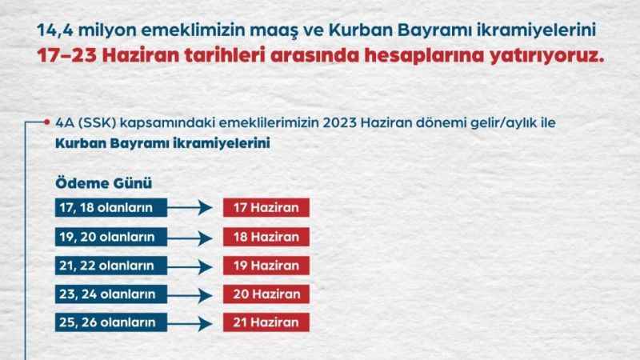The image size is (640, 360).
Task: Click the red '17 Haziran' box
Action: tap(266, 209)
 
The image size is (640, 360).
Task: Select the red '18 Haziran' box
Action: tap(266, 238)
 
